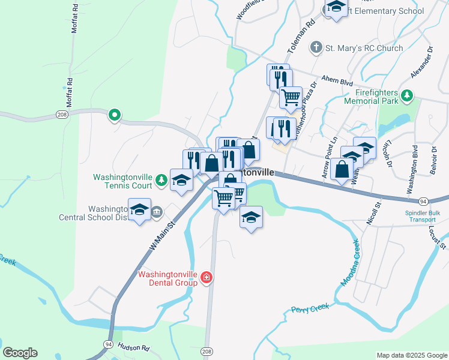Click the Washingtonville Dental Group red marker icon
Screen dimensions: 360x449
206,277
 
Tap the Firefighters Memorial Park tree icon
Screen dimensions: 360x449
408,95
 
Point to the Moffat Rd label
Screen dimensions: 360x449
70,92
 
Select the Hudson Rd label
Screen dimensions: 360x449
133,346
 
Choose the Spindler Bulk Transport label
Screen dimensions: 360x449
420,216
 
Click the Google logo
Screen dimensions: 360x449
20,353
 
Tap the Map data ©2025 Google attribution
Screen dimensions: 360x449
411,355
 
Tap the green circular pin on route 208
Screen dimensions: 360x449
114,115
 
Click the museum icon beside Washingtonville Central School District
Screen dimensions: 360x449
157,211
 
